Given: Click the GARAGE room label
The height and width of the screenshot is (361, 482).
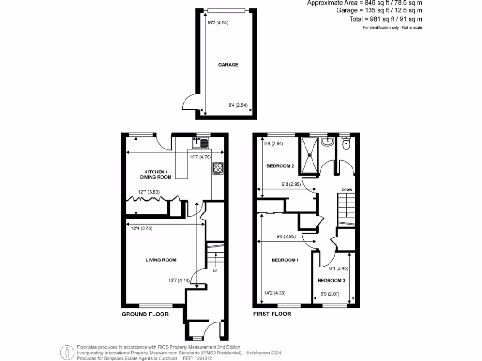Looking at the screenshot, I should pos(228,65).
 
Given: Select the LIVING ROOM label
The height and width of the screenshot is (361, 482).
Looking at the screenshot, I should pos(161,260).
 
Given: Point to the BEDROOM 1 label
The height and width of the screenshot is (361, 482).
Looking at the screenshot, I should pos(285,260).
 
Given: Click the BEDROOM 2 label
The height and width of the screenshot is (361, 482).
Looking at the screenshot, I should pos(280,166).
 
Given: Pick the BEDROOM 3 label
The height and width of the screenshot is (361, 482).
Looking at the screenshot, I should pos(331,280).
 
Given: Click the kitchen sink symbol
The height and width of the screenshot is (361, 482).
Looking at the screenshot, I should pos(200,142).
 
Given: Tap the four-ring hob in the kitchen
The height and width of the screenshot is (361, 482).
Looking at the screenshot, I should pos(218,168).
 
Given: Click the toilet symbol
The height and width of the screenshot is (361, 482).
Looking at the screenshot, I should pos(346,144).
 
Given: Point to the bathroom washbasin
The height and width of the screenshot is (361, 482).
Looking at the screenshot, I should pos(328,141).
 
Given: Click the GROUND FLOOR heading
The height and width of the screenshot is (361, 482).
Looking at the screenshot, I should pos(145,314).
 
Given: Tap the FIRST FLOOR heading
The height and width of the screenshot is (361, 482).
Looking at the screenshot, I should pos(272,314).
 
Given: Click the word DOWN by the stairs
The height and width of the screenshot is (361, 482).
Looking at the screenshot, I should pos(346,190).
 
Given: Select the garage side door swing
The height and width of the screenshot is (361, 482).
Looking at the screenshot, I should pos(191,101).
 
